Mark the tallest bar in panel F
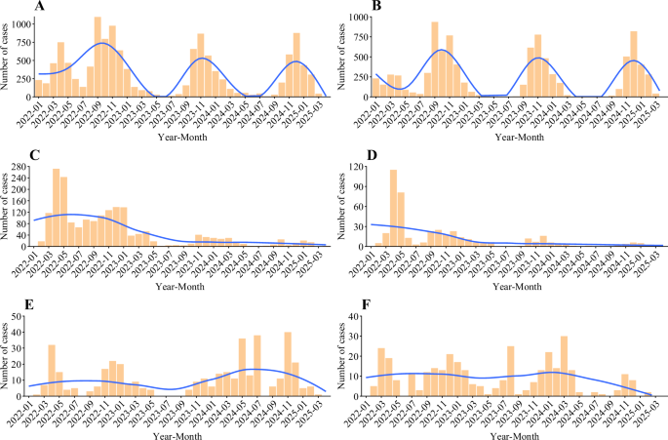tap(564, 367)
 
